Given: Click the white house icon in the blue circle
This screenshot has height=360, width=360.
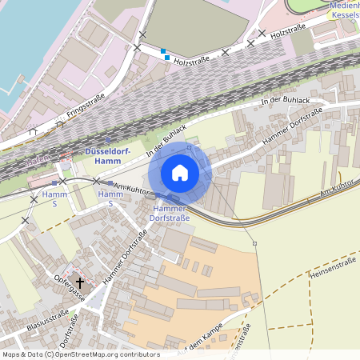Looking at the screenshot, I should [180, 172].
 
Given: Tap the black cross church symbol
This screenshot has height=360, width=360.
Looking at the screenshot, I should [80, 282].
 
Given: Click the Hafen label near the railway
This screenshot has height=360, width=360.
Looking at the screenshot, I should [38, 162].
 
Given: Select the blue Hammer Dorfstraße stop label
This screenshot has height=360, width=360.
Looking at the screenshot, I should [171, 213].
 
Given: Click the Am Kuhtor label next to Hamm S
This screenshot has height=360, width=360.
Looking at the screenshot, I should [133, 187].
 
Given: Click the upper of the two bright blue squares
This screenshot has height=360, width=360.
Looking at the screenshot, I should [163, 51].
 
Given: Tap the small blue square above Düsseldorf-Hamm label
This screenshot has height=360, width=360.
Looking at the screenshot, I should [108, 139].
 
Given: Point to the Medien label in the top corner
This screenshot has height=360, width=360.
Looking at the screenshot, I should [345, 5].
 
